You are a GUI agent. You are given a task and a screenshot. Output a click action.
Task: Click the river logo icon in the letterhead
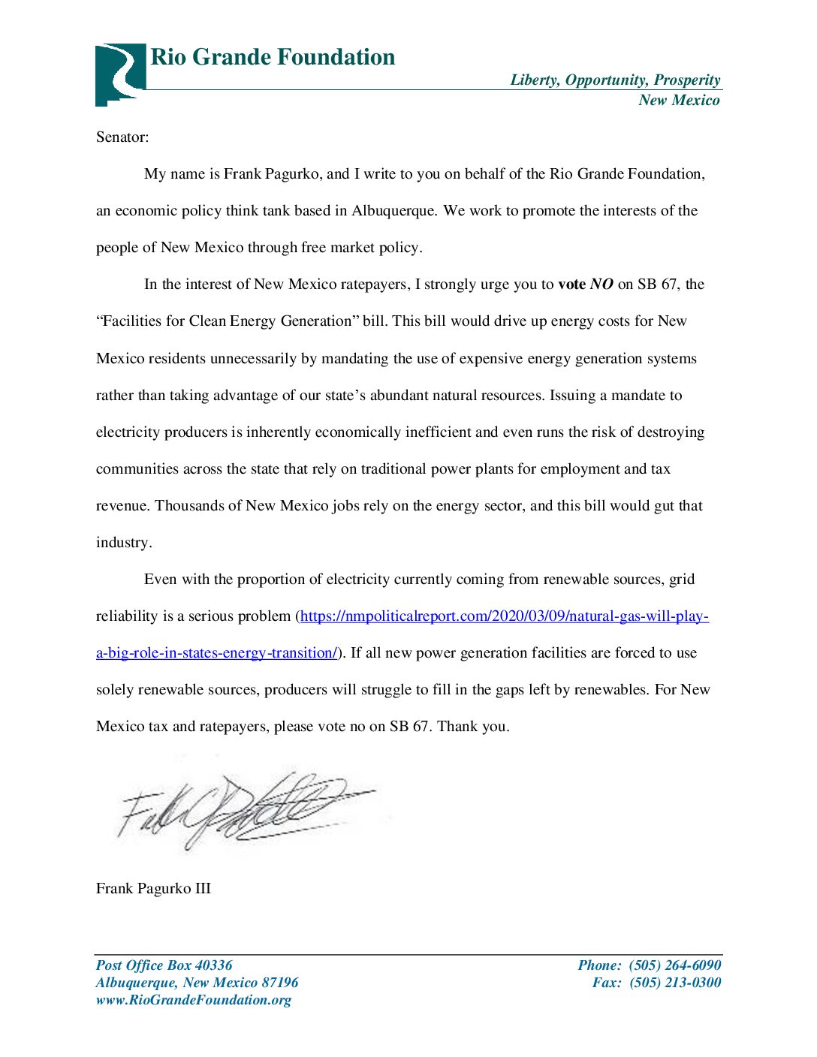coord(119,74)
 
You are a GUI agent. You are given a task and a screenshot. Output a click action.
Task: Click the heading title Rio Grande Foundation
coord(273,57)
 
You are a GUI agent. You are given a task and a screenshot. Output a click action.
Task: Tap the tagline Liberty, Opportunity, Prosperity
coord(615,80)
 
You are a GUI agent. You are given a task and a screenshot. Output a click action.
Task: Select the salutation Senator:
coord(122,137)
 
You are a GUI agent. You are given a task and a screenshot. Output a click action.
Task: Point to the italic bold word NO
coord(601,285)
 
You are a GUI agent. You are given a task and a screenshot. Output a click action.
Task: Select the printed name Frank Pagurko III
coord(153,889)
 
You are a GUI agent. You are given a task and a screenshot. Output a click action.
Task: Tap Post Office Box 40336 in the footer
coord(164,965)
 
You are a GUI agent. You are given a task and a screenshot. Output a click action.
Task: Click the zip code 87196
coord(279,983)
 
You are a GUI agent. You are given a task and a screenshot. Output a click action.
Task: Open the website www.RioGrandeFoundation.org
coord(193,1000)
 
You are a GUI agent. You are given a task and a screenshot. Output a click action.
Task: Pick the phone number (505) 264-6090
coord(675,965)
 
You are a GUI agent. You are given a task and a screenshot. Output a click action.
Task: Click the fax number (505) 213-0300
coord(675,983)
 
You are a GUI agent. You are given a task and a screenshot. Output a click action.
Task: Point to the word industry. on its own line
coord(124,543)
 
